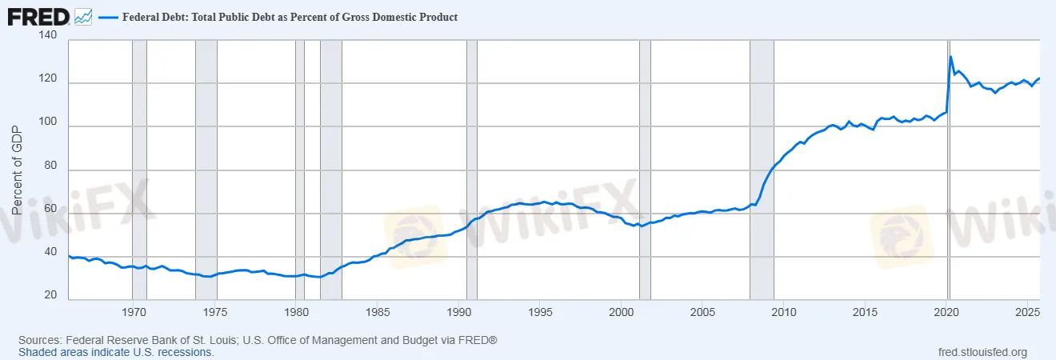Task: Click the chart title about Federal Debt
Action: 290,17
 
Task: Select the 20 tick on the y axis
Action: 50,295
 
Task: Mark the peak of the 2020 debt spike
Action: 950,56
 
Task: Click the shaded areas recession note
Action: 116,352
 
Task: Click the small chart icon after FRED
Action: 83,17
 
